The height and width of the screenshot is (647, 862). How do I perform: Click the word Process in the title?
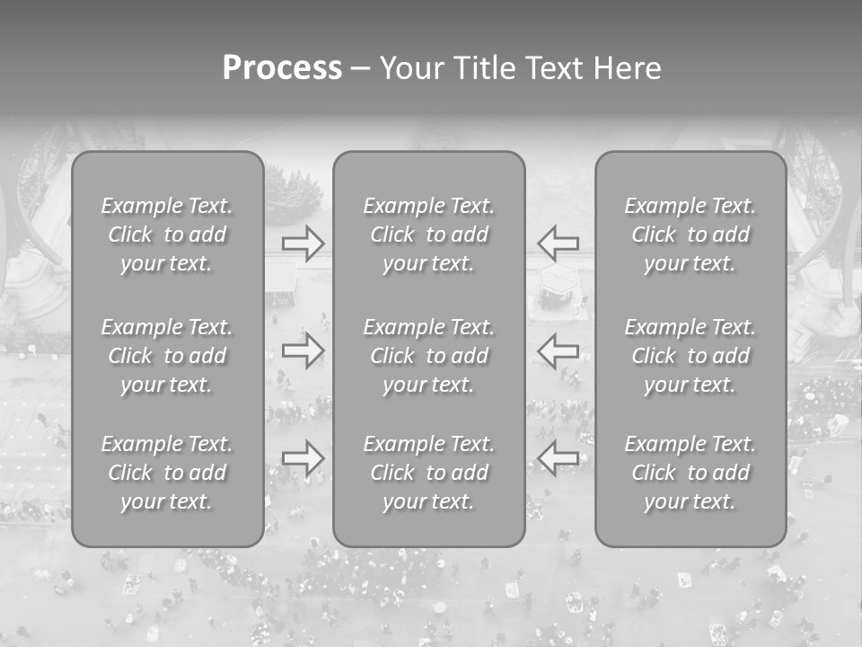[282, 68]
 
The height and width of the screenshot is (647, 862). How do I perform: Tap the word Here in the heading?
[626, 68]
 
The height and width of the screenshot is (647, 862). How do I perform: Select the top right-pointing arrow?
[303, 244]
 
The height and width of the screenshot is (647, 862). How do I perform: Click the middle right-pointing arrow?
[303, 350]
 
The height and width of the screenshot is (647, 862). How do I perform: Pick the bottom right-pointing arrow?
[303, 457]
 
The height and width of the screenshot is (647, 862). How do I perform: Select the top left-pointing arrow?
[559, 244]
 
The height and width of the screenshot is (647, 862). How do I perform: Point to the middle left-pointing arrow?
[559, 350]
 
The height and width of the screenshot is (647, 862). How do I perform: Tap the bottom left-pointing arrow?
[559, 457]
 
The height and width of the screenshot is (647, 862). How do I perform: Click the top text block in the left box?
[167, 235]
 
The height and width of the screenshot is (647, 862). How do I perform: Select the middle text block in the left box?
[167, 356]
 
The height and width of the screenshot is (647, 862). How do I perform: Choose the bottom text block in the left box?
[167, 473]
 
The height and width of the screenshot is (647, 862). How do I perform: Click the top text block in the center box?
[429, 235]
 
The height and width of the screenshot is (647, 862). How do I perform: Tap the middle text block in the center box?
[429, 356]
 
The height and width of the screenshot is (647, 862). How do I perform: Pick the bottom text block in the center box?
[429, 473]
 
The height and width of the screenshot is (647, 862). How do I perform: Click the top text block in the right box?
[690, 235]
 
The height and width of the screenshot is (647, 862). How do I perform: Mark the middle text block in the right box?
[690, 356]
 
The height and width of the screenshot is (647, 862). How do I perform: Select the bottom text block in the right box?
[690, 473]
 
